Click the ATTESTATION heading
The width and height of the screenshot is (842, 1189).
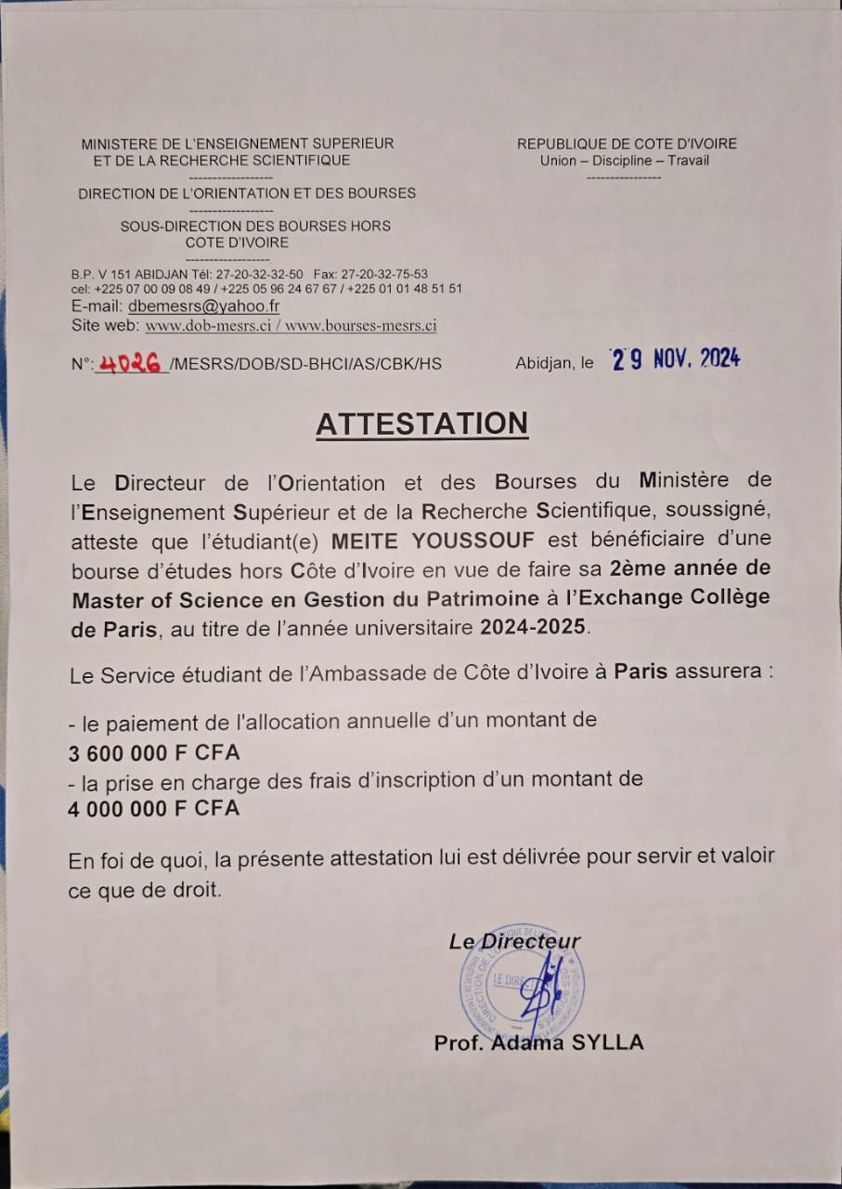coord(421,424)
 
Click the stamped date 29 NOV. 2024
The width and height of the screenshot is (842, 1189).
coord(675,359)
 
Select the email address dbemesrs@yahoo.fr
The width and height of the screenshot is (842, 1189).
coord(204,306)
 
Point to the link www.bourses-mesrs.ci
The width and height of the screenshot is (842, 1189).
coord(367,326)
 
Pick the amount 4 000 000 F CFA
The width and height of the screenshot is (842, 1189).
coord(153,809)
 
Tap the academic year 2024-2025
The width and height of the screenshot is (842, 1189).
coord(533,627)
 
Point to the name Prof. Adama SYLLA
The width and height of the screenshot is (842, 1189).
coord(538,1042)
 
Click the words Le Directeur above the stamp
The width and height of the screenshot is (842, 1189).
coord(515,941)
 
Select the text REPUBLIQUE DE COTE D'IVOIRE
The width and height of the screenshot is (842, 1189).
coord(627,144)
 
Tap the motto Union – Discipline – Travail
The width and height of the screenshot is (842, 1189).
coord(624,161)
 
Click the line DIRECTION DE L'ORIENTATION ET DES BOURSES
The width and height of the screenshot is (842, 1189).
coord(247,194)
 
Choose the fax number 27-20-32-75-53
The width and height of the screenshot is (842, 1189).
coord(384,274)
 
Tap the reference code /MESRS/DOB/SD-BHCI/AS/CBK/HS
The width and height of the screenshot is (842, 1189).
coord(305,364)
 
